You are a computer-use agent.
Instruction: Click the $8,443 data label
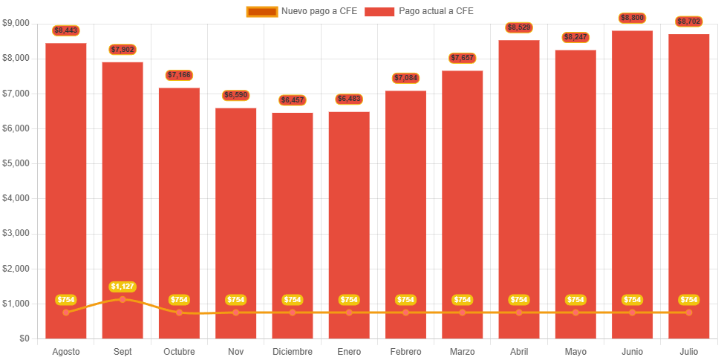click(66, 30)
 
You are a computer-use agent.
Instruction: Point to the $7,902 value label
click(123, 50)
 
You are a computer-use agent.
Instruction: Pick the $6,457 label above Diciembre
click(293, 99)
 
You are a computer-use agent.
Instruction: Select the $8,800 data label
click(632, 18)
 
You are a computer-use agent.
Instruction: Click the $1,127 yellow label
click(123, 287)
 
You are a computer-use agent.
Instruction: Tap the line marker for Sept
click(123, 299)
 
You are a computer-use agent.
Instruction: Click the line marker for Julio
click(688, 312)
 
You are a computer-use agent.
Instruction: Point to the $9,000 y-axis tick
click(16, 23)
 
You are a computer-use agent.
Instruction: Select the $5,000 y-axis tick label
click(16, 163)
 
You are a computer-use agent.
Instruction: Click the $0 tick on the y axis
click(24, 338)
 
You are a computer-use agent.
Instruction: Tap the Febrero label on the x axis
click(405, 351)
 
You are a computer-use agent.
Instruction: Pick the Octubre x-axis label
click(179, 351)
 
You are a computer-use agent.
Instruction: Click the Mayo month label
click(575, 351)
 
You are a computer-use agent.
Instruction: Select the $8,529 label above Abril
click(519, 27)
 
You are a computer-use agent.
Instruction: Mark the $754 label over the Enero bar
click(349, 300)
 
